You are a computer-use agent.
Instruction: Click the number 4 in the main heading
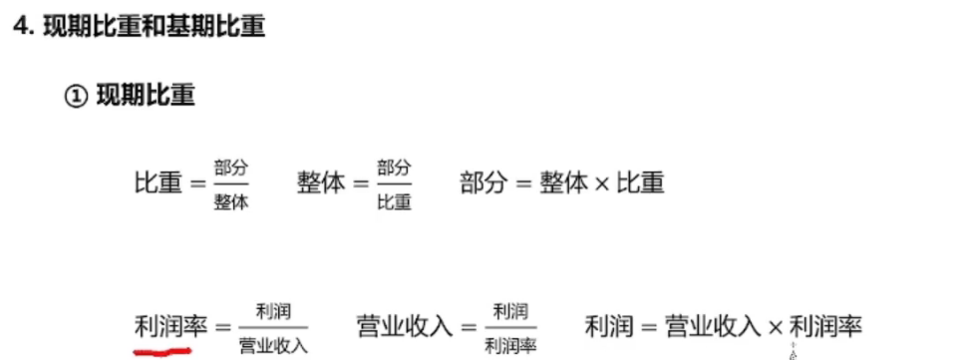point(20,28)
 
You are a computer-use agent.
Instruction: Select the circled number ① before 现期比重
point(76,97)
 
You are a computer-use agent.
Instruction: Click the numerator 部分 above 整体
point(230,168)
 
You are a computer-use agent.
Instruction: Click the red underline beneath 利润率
point(162,351)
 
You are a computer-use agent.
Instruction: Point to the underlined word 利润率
point(162,326)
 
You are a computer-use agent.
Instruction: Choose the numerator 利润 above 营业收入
point(273,311)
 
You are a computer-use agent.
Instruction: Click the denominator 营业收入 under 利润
point(273,345)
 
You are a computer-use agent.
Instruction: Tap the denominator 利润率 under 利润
point(510,345)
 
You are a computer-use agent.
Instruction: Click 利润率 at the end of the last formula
point(825,327)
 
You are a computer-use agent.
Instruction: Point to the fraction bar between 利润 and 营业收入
point(273,327)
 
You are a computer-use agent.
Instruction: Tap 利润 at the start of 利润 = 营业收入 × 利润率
point(607,327)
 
